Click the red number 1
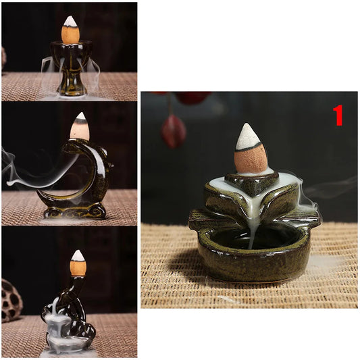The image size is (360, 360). tap(338, 115)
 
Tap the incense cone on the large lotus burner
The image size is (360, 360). tap(249, 149)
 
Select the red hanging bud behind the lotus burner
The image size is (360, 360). tap(173, 132)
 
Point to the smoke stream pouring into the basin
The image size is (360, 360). tap(254, 232)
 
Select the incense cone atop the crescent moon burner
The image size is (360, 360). tap(80, 126)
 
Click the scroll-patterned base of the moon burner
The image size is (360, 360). tap(74, 212)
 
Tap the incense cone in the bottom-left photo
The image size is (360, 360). tap(78, 263)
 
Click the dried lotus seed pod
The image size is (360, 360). tap(11, 301)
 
